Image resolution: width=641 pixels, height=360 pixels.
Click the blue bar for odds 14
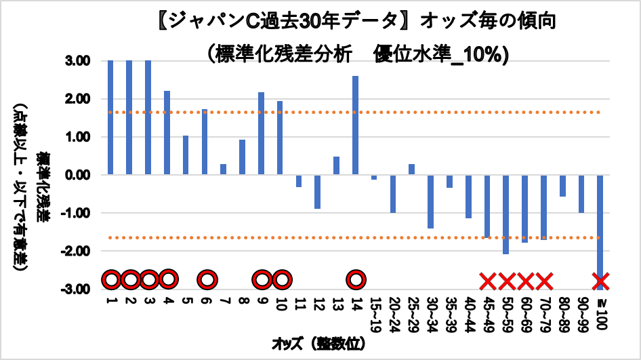click(x=355, y=125)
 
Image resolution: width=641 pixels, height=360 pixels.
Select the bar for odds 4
click(x=167, y=133)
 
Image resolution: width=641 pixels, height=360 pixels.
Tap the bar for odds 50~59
click(x=505, y=214)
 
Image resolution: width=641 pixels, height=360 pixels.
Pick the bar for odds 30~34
click(x=430, y=201)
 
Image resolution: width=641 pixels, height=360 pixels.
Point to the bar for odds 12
click(x=317, y=192)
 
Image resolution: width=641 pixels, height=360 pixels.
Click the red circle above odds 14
click(x=356, y=279)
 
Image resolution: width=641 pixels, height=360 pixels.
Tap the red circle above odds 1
click(x=111, y=279)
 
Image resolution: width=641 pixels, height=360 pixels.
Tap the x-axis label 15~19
click(x=374, y=310)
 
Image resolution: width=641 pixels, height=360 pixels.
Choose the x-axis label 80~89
click(x=562, y=310)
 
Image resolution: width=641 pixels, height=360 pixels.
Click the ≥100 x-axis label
click(x=600, y=308)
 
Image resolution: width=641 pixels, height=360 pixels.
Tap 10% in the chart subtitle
click(x=484, y=54)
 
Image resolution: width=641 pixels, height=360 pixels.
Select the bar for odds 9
click(x=261, y=134)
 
